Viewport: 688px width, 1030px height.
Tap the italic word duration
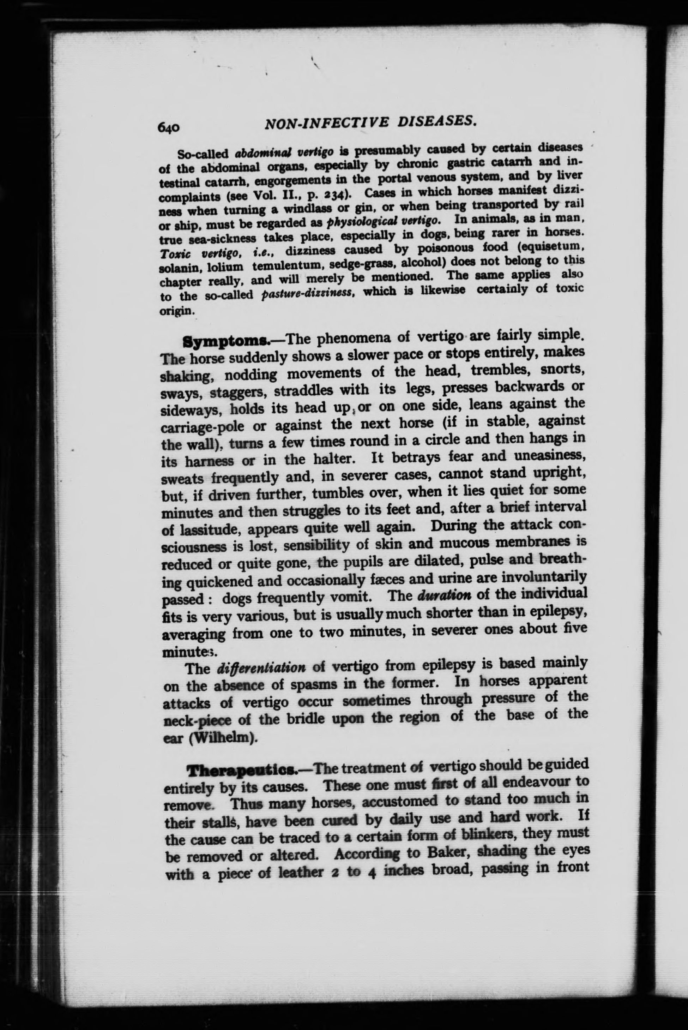pos(445,595)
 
